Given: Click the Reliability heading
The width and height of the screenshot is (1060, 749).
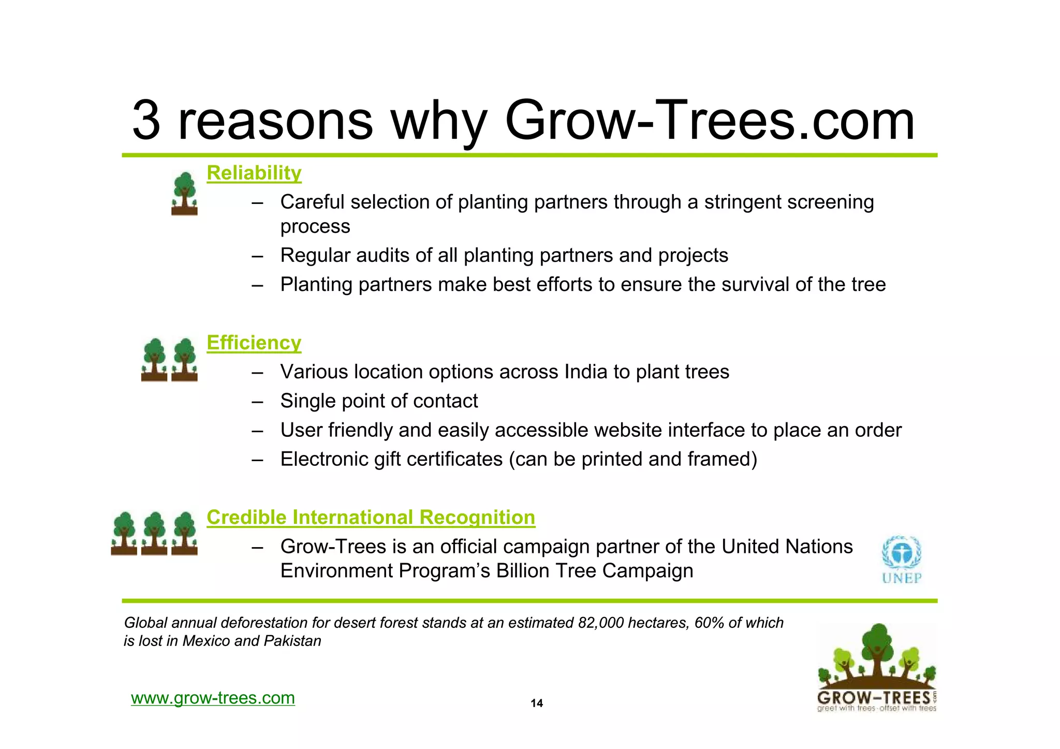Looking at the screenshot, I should pyautogui.click(x=254, y=173).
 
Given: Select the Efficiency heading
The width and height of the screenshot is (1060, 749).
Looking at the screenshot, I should pyautogui.click(x=254, y=343).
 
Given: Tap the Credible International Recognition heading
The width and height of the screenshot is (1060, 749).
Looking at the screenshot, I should pyautogui.click(x=371, y=517).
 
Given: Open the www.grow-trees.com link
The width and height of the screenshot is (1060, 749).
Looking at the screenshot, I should pyautogui.click(x=213, y=698).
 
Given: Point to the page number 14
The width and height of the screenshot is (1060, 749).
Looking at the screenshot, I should pyautogui.click(x=537, y=703).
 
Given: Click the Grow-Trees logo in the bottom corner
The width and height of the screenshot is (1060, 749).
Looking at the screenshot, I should pyautogui.click(x=876, y=668).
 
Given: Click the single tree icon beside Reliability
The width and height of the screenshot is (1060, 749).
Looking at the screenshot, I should pyautogui.click(x=184, y=194).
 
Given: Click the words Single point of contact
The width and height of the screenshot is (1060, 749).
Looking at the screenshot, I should pyautogui.click(x=379, y=401).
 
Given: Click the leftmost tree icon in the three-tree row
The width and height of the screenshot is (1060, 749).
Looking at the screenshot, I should pyautogui.click(x=124, y=533).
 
